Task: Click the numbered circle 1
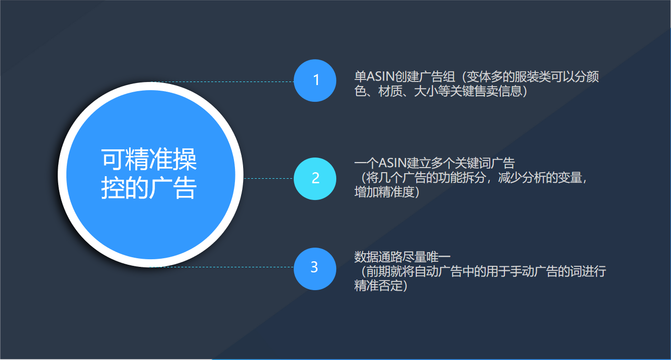[x=315, y=81]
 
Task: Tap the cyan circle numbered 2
[x=315, y=178]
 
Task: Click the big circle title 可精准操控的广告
[x=149, y=174]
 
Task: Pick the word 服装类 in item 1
[x=533, y=77]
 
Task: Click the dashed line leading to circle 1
[x=223, y=82]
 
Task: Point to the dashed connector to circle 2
[x=268, y=178]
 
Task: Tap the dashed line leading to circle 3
[x=223, y=267]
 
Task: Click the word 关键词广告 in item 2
[x=485, y=164]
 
